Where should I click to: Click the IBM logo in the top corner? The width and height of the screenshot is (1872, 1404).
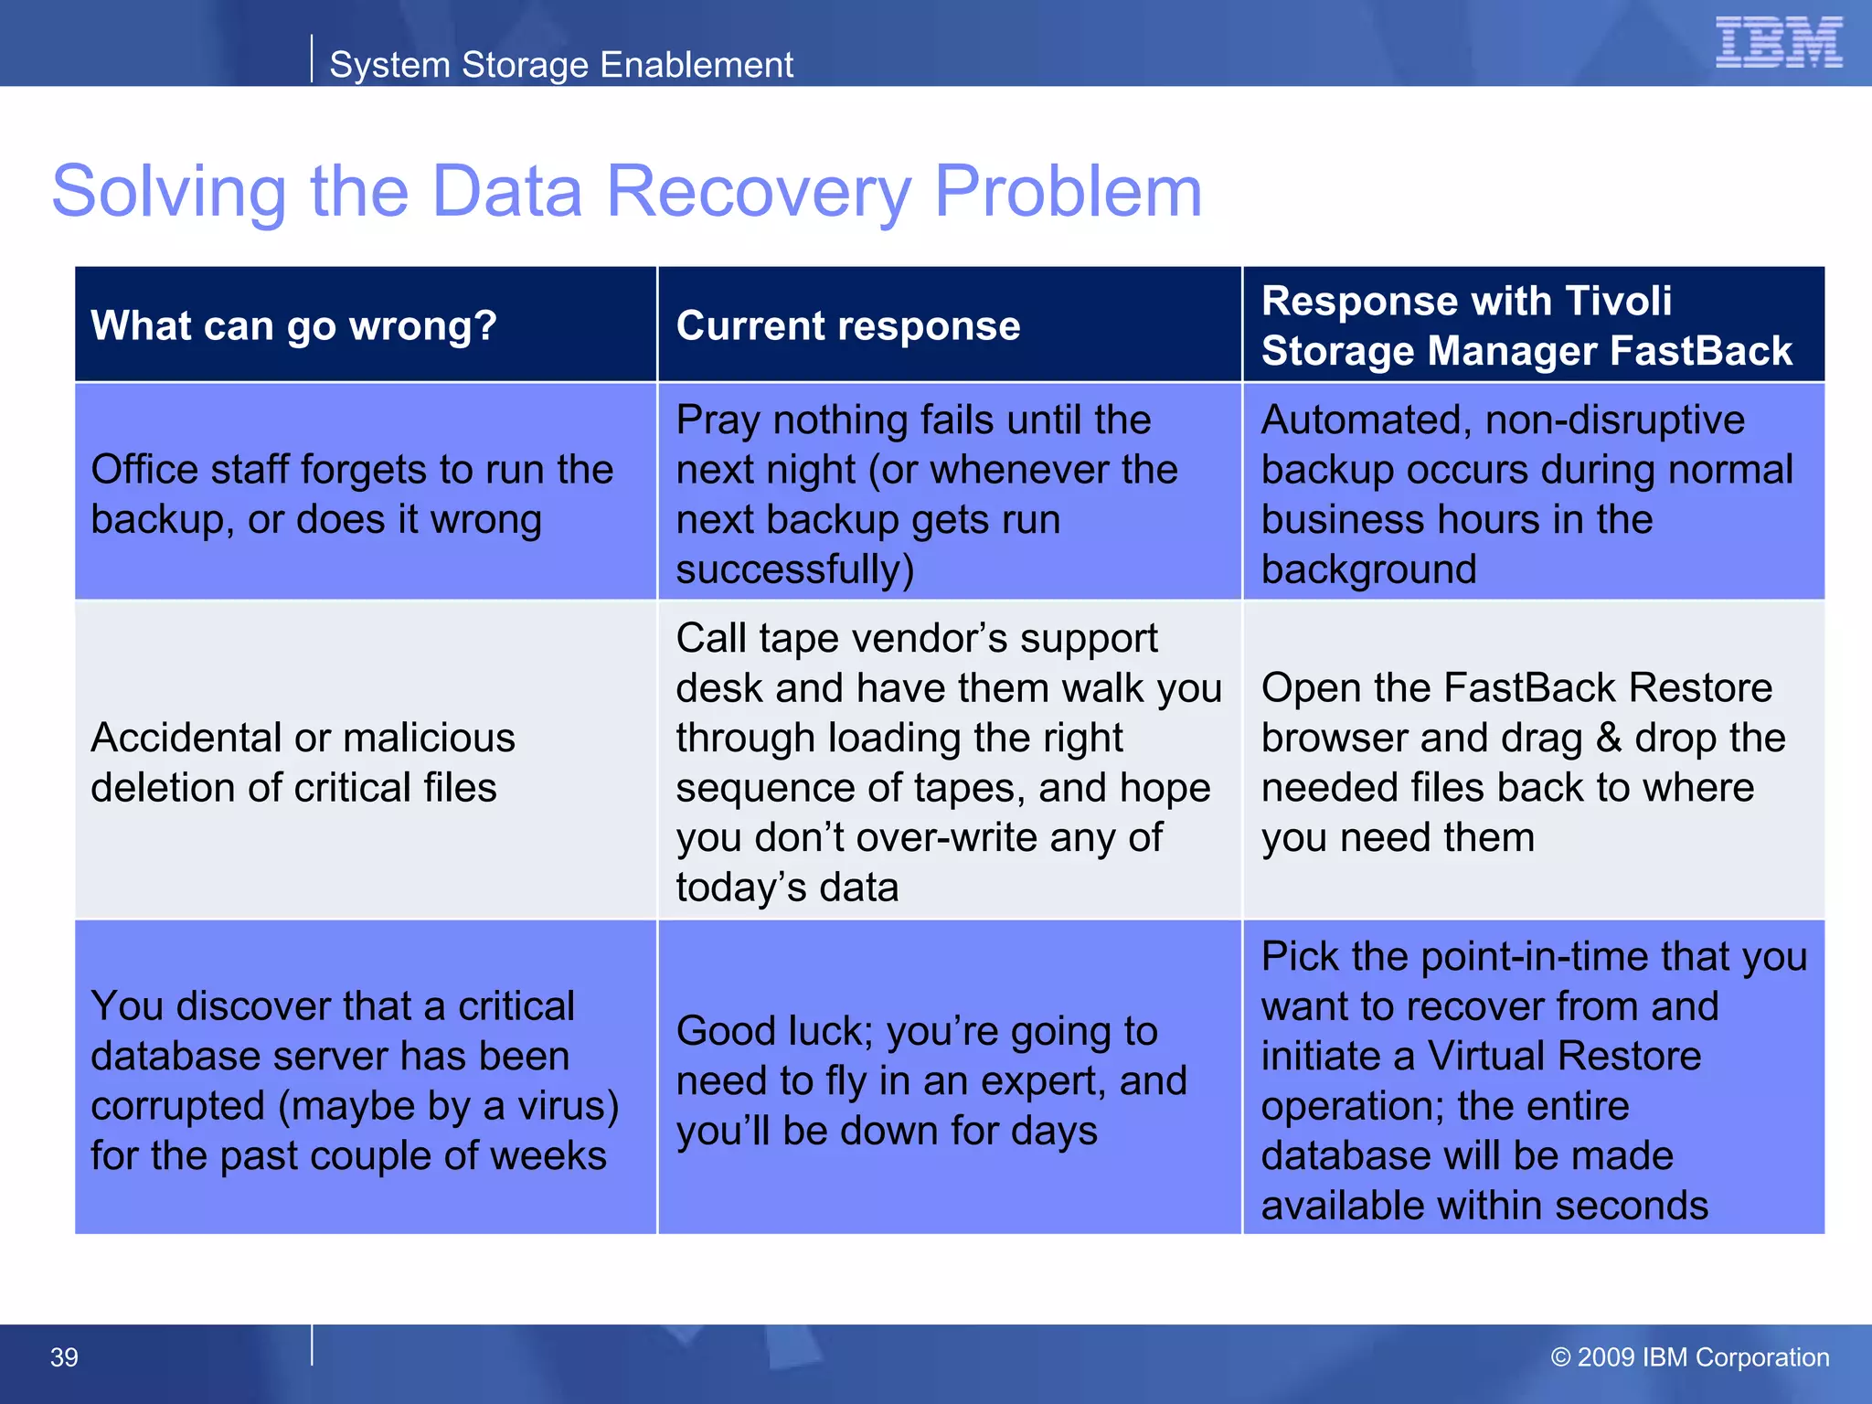1778,42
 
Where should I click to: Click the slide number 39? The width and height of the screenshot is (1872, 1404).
64,1357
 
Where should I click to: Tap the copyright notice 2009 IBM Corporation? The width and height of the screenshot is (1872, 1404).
1690,1357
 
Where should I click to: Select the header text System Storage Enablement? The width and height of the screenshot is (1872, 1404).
560,65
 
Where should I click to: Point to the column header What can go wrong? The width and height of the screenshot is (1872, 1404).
293,325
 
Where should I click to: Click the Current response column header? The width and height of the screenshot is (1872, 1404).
847,325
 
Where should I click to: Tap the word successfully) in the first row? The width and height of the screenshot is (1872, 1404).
794,569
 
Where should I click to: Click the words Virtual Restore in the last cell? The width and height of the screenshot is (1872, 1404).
1564,1056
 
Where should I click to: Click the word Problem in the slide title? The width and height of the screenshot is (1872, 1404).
1067,192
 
